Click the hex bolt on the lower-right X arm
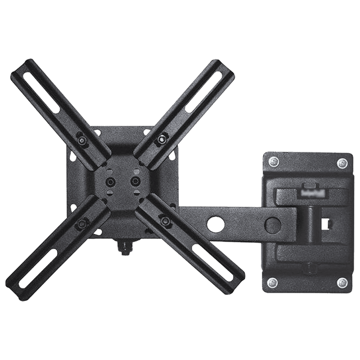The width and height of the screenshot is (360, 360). (165, 221)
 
